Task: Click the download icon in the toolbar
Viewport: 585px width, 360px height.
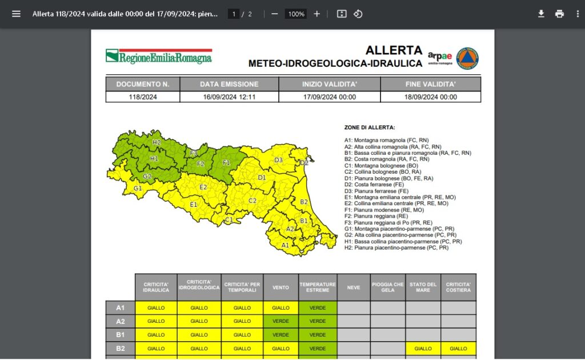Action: (x=541, y=14)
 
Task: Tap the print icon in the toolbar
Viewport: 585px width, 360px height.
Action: (x=559, y=14)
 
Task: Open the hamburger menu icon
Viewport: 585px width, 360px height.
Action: (x=16, y=14)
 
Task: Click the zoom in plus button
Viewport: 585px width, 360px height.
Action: (x=317, y=14)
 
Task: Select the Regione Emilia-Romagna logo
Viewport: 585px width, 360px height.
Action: (x=159, y=57)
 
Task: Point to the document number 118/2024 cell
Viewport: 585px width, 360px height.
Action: (x=143, y=97)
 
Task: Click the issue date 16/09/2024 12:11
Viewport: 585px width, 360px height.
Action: (x=229, y=97)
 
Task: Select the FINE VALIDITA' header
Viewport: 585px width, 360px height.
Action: (x=430, y=84)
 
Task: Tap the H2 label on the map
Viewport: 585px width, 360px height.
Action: (x=156, y=142)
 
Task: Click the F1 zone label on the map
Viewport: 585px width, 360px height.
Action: (x=226, y=163)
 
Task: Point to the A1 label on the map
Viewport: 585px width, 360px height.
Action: (x=285, y=245)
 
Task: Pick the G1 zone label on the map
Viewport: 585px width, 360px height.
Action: (x=138, y=188)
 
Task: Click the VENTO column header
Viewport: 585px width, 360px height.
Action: (x=281, y=287)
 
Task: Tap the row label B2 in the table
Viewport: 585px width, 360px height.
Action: (x=121, y=348)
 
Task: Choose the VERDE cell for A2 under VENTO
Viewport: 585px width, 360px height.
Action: (x=281, y=321)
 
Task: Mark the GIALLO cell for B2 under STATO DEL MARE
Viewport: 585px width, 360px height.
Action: (x=423, y=348)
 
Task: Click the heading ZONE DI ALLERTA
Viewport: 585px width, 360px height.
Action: (x=370, y=127)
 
